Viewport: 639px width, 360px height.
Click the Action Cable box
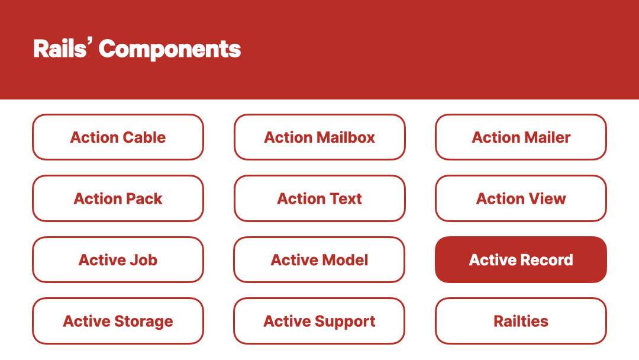pos(118,137)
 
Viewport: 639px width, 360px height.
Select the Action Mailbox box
pos(319,137)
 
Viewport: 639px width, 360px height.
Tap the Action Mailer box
pos(521,137)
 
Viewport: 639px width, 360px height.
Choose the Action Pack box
pos(118,198)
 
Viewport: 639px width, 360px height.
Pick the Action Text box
pos(319,198)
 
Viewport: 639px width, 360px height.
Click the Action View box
pos(521,198)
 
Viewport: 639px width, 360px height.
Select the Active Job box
pos(118,260)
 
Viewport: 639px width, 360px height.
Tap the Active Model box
pos(319,260)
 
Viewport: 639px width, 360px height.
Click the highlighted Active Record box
pos(521,260)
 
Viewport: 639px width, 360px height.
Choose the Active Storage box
pos(118,321)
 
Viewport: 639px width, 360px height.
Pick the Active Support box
pos(319,321)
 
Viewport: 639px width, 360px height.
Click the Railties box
pos(521,321)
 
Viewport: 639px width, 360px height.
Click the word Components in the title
pos(170,50)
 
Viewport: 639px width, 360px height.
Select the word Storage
pos(143,322)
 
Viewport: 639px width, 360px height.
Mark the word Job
pos(143,260)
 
